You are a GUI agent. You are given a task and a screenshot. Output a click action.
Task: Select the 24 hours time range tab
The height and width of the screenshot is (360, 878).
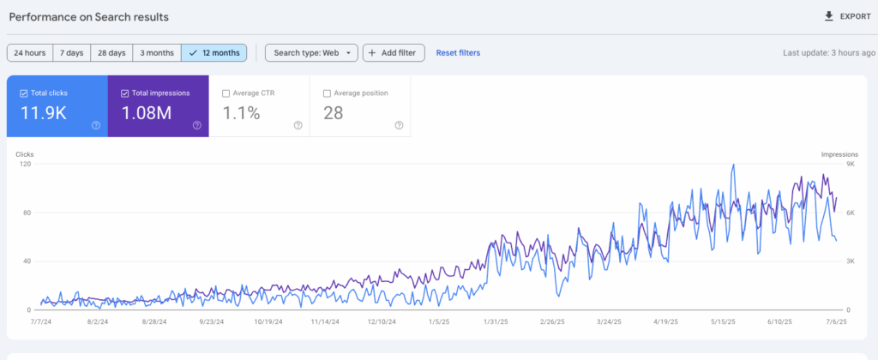coord(30,53)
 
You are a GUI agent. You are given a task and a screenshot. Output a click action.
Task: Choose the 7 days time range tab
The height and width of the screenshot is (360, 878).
coord(72,53)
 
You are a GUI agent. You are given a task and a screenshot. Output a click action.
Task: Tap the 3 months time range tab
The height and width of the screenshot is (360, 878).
coord(157,53)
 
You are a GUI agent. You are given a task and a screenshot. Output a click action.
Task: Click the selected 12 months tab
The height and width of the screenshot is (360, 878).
coord(214,53)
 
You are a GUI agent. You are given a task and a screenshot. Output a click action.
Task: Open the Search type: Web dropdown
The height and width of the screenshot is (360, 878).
coord(310,53)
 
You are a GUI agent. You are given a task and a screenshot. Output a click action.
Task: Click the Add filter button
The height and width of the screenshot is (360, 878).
coord(394,53)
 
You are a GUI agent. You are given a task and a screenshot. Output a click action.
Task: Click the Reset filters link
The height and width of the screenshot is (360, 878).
coord(458,53)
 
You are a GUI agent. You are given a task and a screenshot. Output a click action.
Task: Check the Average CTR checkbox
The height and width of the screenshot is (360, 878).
coord(226,93)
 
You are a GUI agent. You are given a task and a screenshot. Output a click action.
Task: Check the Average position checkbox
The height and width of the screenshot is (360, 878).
coord(327,93)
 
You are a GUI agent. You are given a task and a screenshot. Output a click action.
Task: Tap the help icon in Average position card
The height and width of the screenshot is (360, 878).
coord(399,125)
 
